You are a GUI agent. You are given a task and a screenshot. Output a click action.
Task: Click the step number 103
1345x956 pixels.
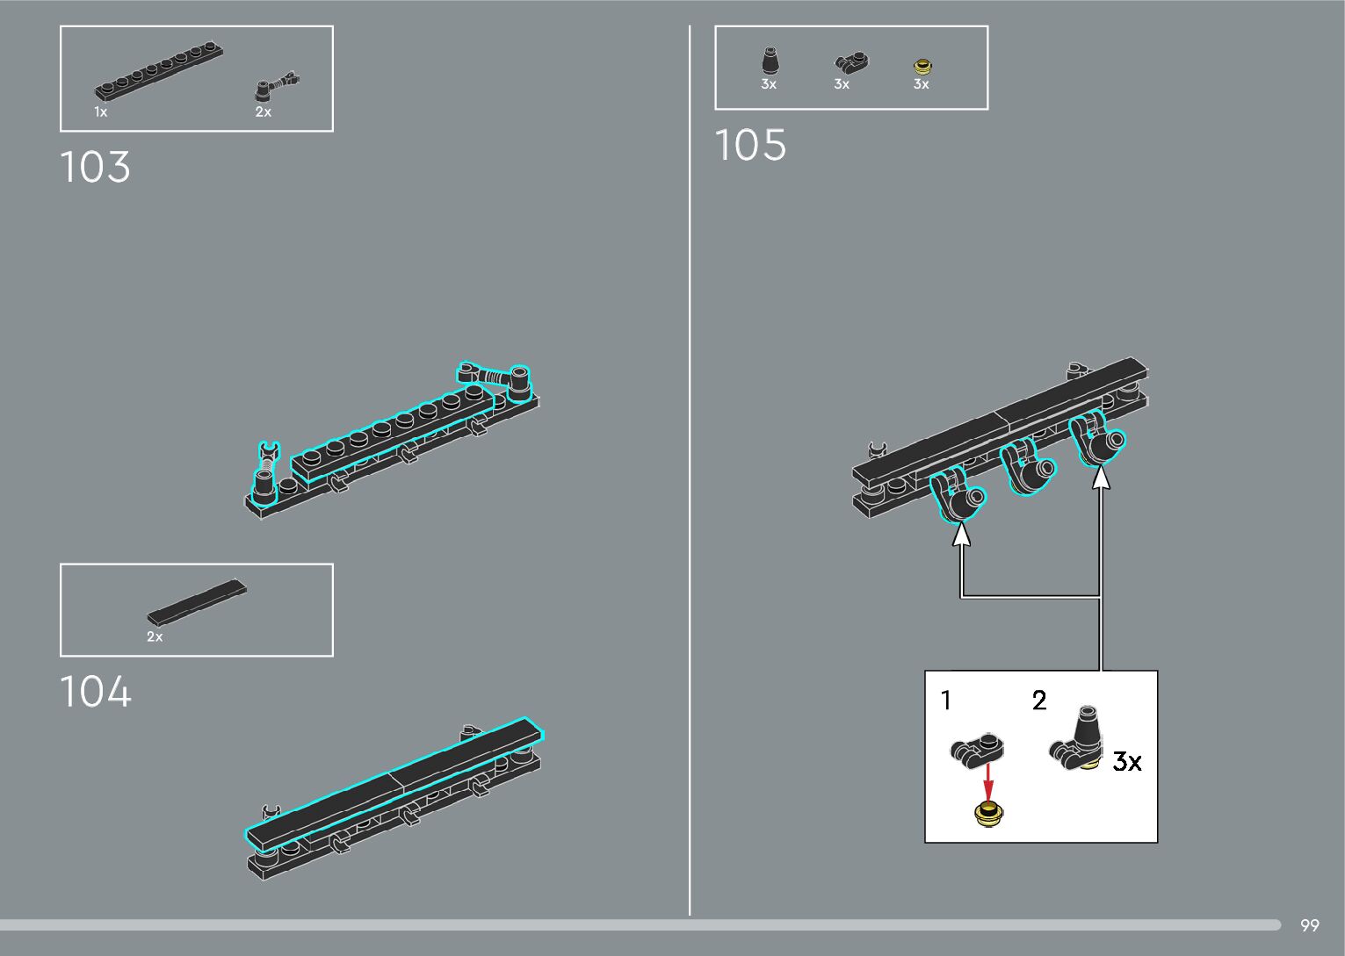coord(95,167)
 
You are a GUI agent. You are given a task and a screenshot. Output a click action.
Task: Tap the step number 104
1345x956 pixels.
coord(95,692)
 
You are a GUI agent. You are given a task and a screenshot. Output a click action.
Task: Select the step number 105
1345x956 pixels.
coord(750,145)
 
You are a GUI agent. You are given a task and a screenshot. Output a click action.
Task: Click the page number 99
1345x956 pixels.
coord(1309,925)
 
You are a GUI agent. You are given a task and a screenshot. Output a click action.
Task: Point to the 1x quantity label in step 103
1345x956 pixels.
coord(101,112)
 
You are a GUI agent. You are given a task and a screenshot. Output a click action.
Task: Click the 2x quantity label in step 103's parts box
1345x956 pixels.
coord(263,112)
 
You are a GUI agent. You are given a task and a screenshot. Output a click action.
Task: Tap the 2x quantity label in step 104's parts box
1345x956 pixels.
coord(155,637)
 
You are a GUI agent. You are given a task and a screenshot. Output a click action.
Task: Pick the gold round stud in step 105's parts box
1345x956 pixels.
coord(922,65)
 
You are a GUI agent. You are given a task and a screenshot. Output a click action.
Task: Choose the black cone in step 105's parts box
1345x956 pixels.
coord(770,62)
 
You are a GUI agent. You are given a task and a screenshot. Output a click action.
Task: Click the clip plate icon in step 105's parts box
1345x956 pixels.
coord(850,62)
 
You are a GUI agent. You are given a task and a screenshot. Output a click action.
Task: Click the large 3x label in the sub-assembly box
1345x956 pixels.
coord(1127,761)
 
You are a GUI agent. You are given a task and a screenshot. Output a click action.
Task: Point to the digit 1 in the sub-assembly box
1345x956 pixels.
coord(946,701)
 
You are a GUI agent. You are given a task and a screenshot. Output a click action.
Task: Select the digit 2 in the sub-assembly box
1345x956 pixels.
coord(1039,701)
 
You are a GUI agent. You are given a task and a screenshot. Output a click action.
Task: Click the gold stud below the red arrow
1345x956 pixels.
coord(990,813)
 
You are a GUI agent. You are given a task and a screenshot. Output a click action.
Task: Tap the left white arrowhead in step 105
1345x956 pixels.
coord(962,533)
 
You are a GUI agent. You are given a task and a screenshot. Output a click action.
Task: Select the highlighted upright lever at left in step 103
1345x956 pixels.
coord(266,475)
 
